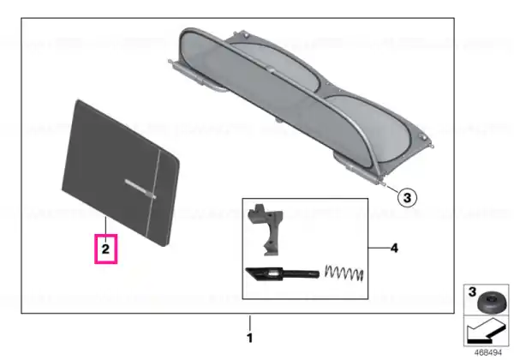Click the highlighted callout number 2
tap(105, 249)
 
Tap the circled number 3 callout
tap(407, 198)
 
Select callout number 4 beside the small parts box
tap(394, 249)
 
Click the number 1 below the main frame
tap(250, 338)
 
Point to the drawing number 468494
tap(487, 353)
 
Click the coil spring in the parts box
tap(344, 273)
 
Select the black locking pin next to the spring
tap(282, 273)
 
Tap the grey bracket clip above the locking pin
tap(265, 229)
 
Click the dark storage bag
tap(121, 173)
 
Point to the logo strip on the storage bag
tap(140, 189)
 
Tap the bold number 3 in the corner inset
tap(472, 291)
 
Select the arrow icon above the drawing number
tap(486, 332)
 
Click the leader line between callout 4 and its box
tap(379, 248)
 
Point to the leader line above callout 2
tap(105, 225)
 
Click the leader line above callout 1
tap(250, 323)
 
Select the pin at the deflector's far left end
tap(170, 61)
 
